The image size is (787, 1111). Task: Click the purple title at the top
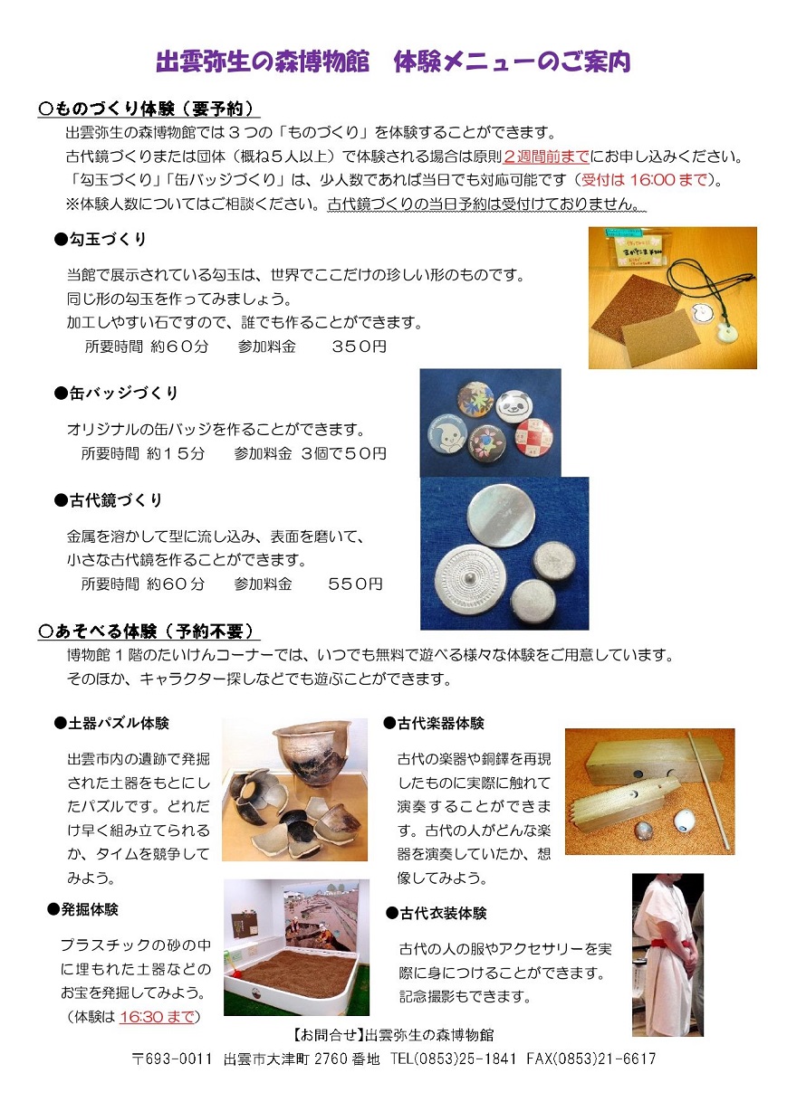(393, 62)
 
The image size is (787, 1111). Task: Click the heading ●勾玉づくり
(101, 239)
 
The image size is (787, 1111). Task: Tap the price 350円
(359, 347)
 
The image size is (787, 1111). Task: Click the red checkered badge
(533, 437)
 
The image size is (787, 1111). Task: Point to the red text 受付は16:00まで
(644, 179)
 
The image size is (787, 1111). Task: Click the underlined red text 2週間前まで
(546, 157)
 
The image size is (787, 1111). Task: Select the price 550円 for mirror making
(356, 584)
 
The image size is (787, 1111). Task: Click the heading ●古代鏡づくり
(109, 500)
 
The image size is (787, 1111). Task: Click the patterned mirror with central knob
(469, 579)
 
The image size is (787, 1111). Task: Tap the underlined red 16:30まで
(156, 1017)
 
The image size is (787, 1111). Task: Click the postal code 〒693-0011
(172, 1059)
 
